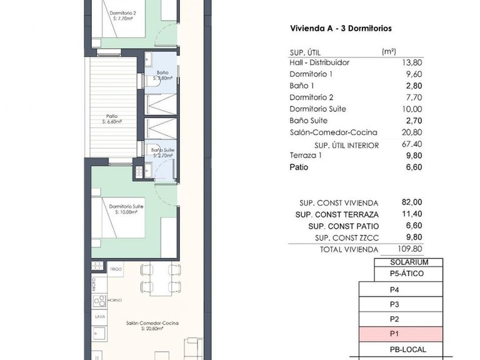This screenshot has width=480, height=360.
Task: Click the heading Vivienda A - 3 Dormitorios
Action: [x=341, y=28]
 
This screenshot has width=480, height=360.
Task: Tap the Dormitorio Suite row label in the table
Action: [x=317, y=109]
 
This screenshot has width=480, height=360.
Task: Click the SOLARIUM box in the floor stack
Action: [x=409, y=262]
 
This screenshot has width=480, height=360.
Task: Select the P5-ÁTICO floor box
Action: [x=409, y=274]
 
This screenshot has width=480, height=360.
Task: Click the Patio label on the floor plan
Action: [x=112, y=116]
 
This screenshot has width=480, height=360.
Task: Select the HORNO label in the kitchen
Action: [x=115, y=300]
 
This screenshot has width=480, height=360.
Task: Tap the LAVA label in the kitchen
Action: [x=99, y=316]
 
